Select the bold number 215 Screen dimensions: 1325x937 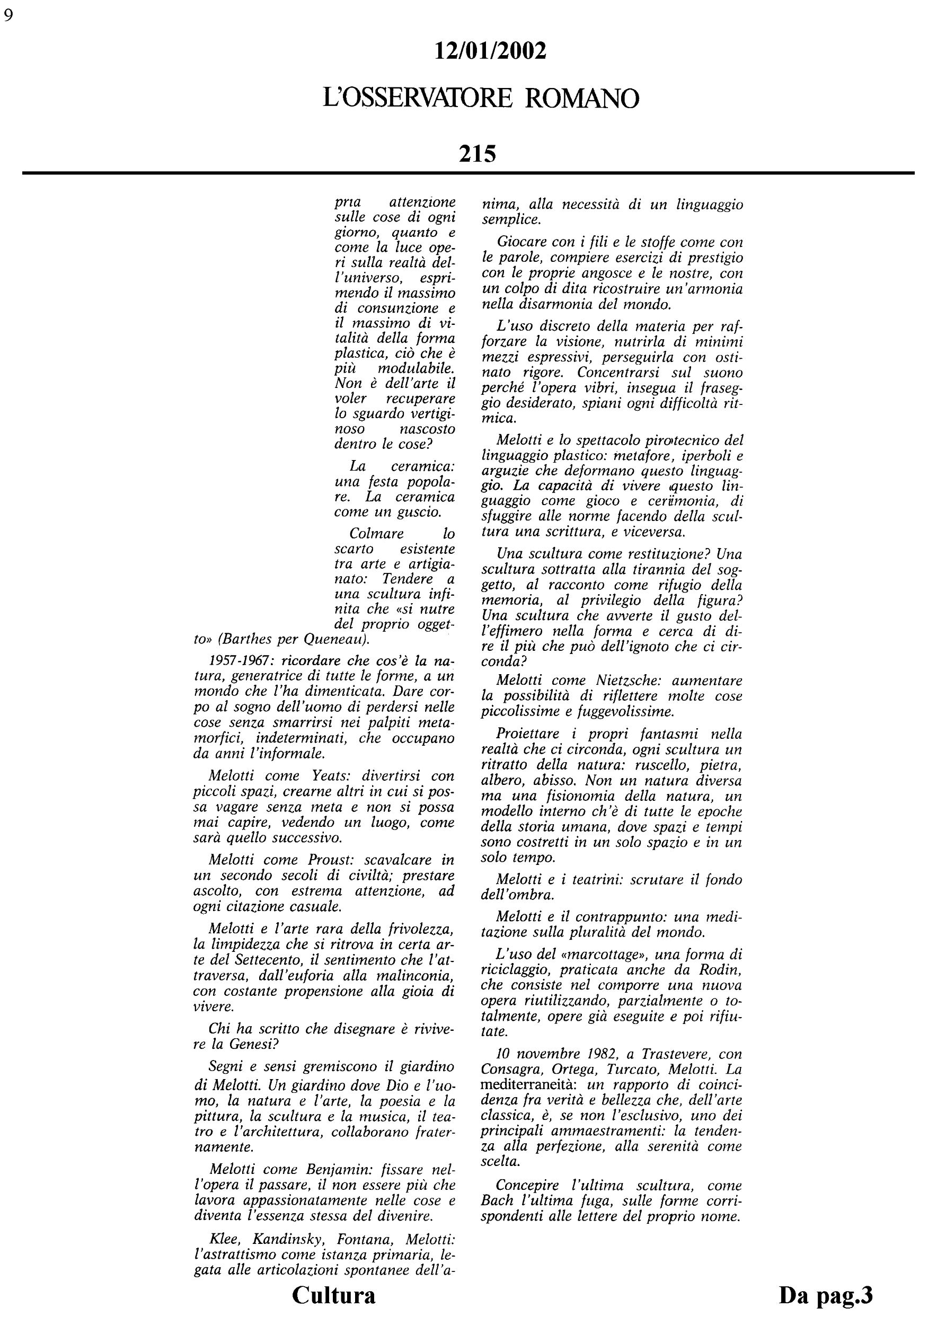[x=478, y=154]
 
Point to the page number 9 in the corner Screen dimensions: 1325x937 [x=8, y=15]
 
